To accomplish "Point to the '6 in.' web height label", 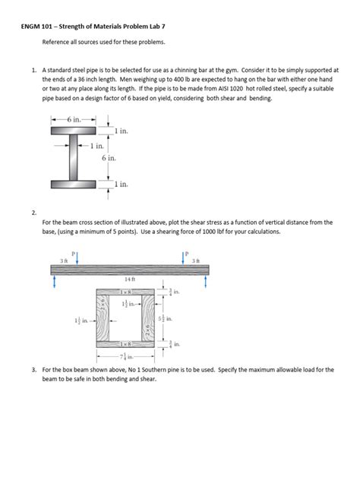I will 108,158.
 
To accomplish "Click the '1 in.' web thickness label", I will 96,145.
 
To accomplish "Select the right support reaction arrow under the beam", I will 207,280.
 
